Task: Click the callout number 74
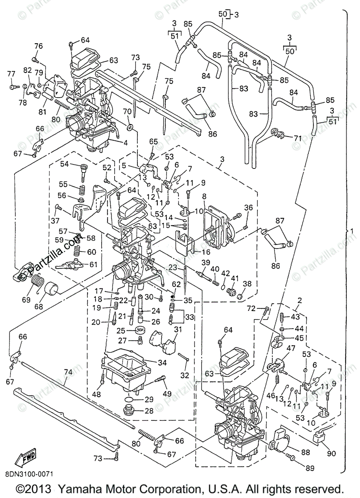[x=68, y=372]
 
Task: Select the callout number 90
[x=331, y=453]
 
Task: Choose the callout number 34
[x=162, y=362]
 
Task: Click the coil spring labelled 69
[x=37, y=282]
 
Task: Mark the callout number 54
[x=64, y=164]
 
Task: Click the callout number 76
[x=38, y=46]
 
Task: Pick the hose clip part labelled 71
[x=278, y=134]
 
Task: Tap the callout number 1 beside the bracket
[x=352, y=231]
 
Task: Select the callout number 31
[x=178, y=329]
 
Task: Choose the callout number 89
[x=309, y=468]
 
